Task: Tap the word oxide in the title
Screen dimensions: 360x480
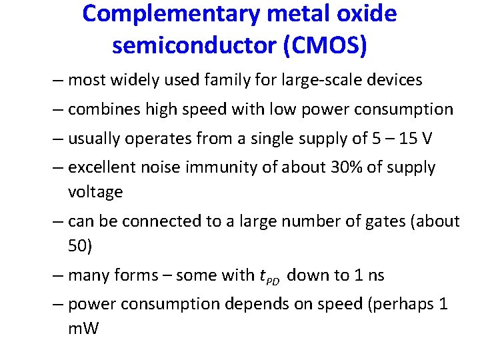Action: (x=367, y=14)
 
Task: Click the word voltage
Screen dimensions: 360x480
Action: (x=95, y=192)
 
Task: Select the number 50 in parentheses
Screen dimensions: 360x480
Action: (x=79, y=246)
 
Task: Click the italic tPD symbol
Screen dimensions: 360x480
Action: (x=269, y=276)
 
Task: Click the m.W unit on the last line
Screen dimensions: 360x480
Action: (x=83, y=329)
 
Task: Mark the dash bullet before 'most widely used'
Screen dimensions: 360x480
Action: (x=59, y=81)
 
